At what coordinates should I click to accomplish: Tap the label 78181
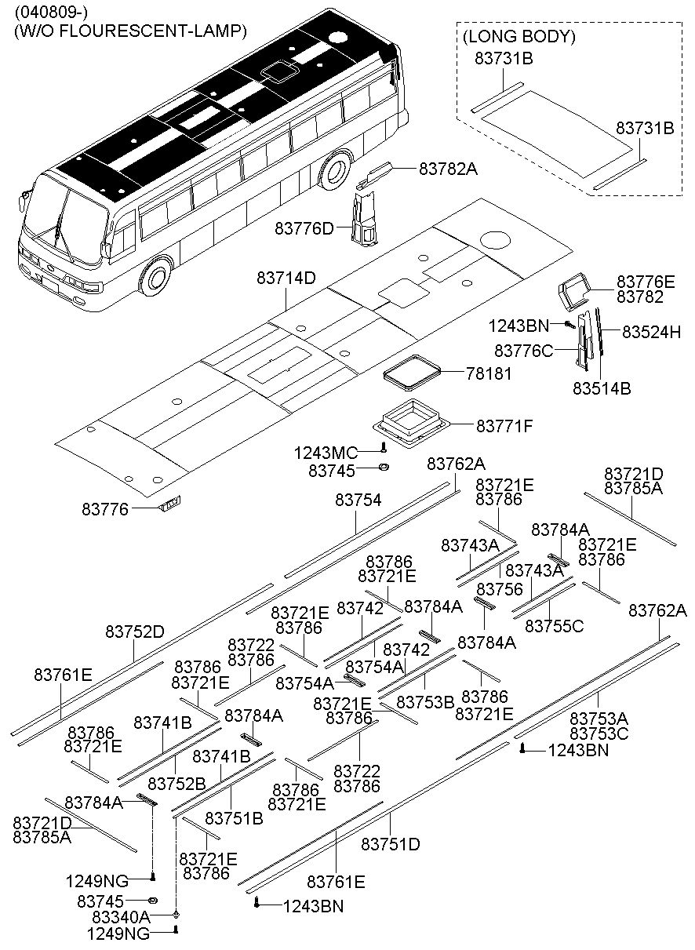click(x=489, y=374)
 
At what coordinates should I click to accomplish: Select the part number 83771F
click(x=504, y=426)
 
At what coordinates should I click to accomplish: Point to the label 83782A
click(x=448, y=168)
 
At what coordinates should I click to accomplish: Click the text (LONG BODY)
click(x=519, y=37)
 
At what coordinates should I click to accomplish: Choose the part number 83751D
click(x=391, y=844)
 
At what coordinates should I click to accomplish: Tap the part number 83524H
click(x=651, y=332)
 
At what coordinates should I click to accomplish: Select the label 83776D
click(x=304, y=228)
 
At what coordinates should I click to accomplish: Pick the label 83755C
click(x=554, y=626)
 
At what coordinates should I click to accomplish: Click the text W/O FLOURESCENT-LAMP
click(x=130, y=31)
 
